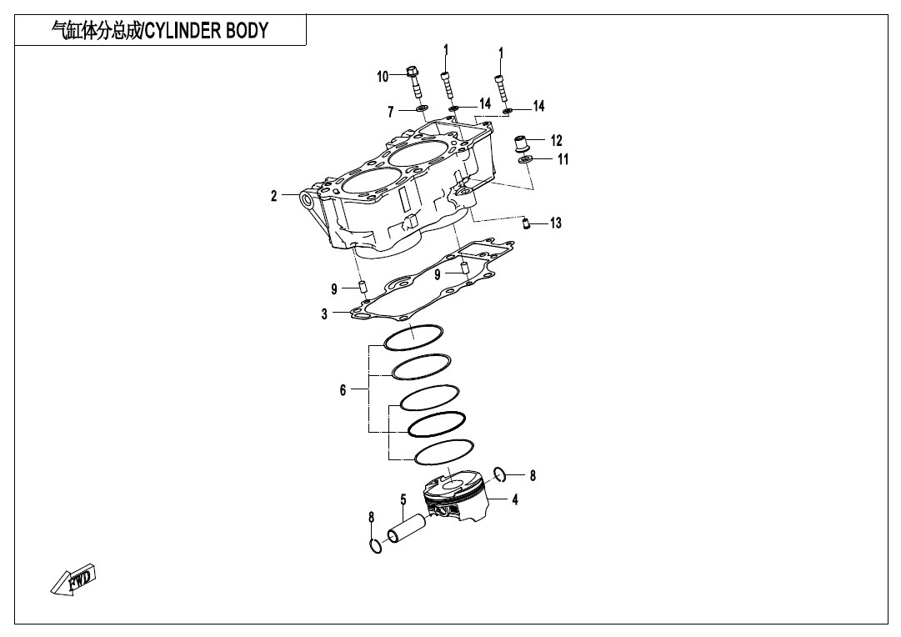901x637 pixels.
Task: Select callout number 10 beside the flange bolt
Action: pos(383,77)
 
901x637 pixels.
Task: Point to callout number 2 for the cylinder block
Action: pos(274,196)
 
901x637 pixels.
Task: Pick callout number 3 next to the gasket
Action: pos(325,313)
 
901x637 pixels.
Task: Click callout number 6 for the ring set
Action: pos(343,390)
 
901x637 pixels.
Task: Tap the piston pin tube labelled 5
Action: pos(407,528)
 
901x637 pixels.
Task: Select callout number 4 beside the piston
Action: pos(515,499)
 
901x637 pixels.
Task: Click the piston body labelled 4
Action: pos(456,496)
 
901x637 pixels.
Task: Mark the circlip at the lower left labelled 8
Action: pos(375,545)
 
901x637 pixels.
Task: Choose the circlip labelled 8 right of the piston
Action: pos(500,474)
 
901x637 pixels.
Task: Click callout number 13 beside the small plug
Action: pos(556,223)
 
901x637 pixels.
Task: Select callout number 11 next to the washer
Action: pos(563,158)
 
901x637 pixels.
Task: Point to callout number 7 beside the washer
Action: pos(391,112)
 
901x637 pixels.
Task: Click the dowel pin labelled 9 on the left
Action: pos(363,287)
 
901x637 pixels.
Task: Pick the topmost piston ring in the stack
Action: pos(413,338)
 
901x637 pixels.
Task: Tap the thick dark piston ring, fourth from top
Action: pos(437,424)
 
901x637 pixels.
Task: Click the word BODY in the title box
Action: pos(247,31)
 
